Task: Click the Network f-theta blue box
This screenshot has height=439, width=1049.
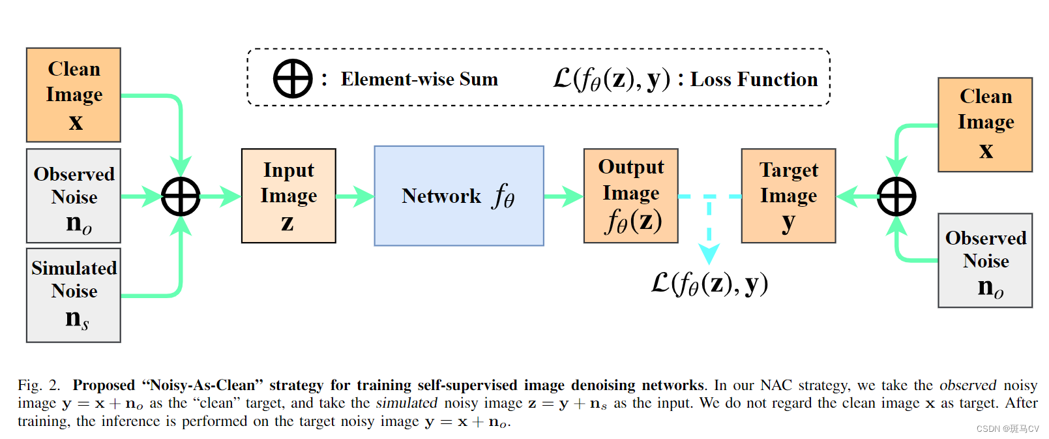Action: click(458, 196)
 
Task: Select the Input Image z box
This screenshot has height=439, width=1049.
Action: click(288, 196)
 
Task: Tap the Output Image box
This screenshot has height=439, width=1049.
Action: click(630, 196)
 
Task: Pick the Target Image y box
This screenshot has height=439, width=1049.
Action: click(788, 196)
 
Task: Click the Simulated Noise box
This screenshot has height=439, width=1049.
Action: click(74, 295)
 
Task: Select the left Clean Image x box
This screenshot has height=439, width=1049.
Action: click(74, 95)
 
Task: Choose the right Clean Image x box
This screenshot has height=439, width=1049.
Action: click(985, 125)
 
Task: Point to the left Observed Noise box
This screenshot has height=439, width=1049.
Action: click(74, 196)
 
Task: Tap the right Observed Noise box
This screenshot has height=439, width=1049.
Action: click(985, 260)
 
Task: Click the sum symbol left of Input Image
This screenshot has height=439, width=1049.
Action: click(181, 196)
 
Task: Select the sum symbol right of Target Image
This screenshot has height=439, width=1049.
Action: click(896, 196)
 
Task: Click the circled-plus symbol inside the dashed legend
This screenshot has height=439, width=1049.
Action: click(293, 79)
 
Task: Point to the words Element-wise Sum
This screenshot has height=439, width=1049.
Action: click(419, 80)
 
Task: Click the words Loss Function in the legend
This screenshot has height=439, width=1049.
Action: click(754, 80)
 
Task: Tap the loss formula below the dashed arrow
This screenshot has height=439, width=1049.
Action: click(709, 284)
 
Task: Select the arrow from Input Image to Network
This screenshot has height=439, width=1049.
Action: click(355, 196)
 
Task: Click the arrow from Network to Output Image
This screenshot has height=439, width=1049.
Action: click(564, 196)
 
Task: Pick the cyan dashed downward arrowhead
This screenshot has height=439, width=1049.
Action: click(709, 253)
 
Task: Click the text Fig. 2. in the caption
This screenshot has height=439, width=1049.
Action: click(38, 386)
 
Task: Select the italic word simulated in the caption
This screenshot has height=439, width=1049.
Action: click(406, 403)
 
